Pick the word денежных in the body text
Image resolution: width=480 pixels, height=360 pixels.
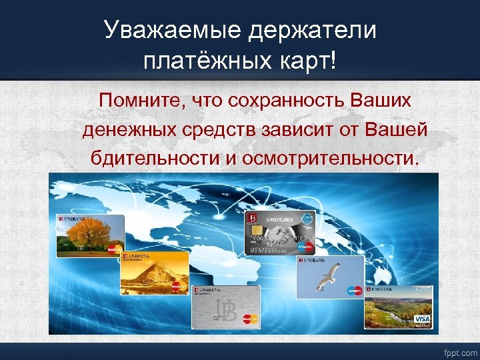click(127, 130)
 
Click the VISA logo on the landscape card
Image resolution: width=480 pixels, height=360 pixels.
click(422, 319)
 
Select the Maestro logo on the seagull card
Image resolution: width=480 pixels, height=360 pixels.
click(354, 291)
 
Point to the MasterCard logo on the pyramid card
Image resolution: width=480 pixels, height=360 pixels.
click(177, 286)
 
